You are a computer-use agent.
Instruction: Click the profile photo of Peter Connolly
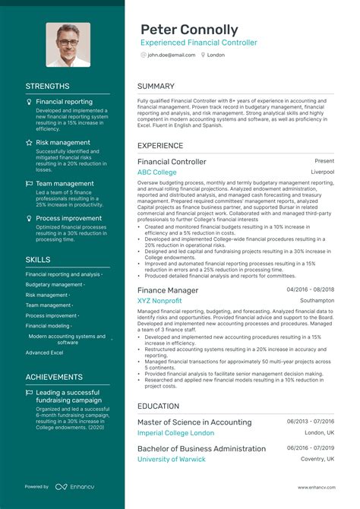tap(68, 44)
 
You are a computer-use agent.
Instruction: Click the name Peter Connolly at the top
tap(188, 30)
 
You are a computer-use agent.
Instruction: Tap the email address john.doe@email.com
tap(172, 55)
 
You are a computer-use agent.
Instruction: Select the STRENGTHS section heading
tap(47, 87)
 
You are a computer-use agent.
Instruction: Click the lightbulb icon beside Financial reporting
tap(29, 101)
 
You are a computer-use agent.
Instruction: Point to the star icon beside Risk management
tap(29, 142)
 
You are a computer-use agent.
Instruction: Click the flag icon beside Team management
tap(29, 183)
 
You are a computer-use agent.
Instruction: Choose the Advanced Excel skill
tap(44, 353)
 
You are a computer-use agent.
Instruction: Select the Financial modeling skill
tap(49, 325)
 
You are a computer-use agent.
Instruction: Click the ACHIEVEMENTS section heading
tap(54, 377)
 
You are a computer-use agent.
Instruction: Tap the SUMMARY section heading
tap(156, 87)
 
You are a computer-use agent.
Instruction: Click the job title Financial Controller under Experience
tap(172, 162)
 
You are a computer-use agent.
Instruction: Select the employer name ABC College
tap(157, 172)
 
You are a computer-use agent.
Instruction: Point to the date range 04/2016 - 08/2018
tap(310, 290)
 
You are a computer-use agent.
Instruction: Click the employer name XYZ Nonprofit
tap(159, 301)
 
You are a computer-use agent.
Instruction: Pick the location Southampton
tap(317, 301)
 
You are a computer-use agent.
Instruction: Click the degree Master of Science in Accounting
tap(194, 422)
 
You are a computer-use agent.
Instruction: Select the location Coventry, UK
tap(317, 459)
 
